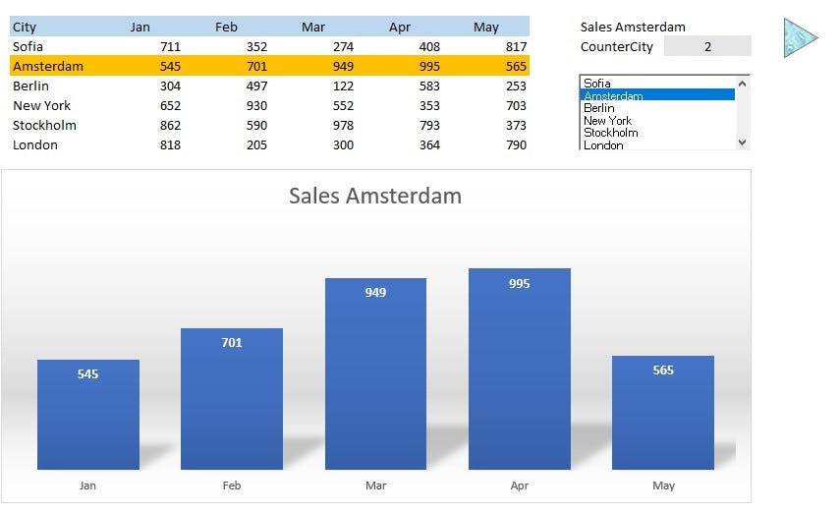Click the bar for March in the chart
point(375,373)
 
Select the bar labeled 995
point(519,369)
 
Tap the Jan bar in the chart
point(88,414)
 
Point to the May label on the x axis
point(663,485)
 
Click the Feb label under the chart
point(232,485)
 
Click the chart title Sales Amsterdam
point(374,196)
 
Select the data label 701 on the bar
point(232,343)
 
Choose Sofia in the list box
point(597,84)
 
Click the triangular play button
point(799,37)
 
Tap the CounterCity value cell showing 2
point(707,46)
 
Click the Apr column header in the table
point(400,27)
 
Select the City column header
point(25,27)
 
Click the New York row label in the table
point(42,105)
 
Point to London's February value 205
point(255,144)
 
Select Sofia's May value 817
point(515,46)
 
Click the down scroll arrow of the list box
point(743,143)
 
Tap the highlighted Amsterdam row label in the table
point(48,66)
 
